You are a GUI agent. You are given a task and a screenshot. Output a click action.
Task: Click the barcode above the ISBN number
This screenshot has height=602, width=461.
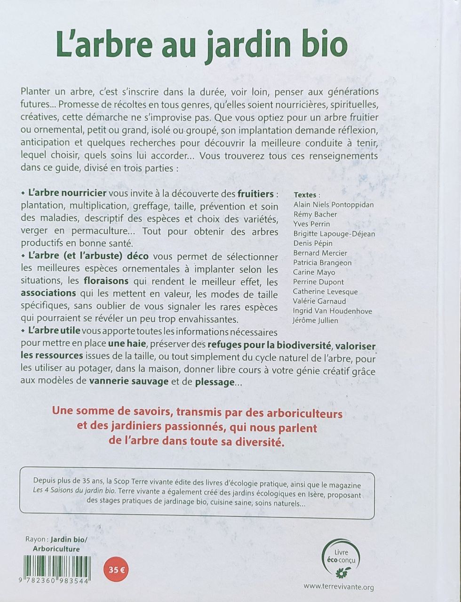point(57,566)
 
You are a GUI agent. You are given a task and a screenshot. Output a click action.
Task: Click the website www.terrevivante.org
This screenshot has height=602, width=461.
point(339,586)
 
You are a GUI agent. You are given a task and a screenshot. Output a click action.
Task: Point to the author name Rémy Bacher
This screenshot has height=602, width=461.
point(315,214)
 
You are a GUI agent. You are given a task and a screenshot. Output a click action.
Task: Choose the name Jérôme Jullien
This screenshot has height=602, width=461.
point(316,320)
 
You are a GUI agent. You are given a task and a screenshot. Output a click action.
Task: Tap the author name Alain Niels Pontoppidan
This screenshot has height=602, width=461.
point(334,205)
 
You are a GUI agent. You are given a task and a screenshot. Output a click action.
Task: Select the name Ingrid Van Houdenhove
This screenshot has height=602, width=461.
point(333,311)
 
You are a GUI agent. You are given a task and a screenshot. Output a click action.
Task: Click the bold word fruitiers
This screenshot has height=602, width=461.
point(255,194)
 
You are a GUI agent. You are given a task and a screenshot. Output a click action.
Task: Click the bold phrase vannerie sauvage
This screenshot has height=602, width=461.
point(128,381)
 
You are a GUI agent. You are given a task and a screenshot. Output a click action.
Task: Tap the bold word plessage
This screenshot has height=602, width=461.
point(215,381)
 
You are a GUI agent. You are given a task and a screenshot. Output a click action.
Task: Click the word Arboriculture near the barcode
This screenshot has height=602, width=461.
point(56,548)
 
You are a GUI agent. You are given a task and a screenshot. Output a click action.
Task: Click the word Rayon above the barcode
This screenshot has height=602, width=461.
point(35,539)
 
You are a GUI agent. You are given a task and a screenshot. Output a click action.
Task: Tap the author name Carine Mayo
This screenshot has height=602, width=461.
point(314,272)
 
